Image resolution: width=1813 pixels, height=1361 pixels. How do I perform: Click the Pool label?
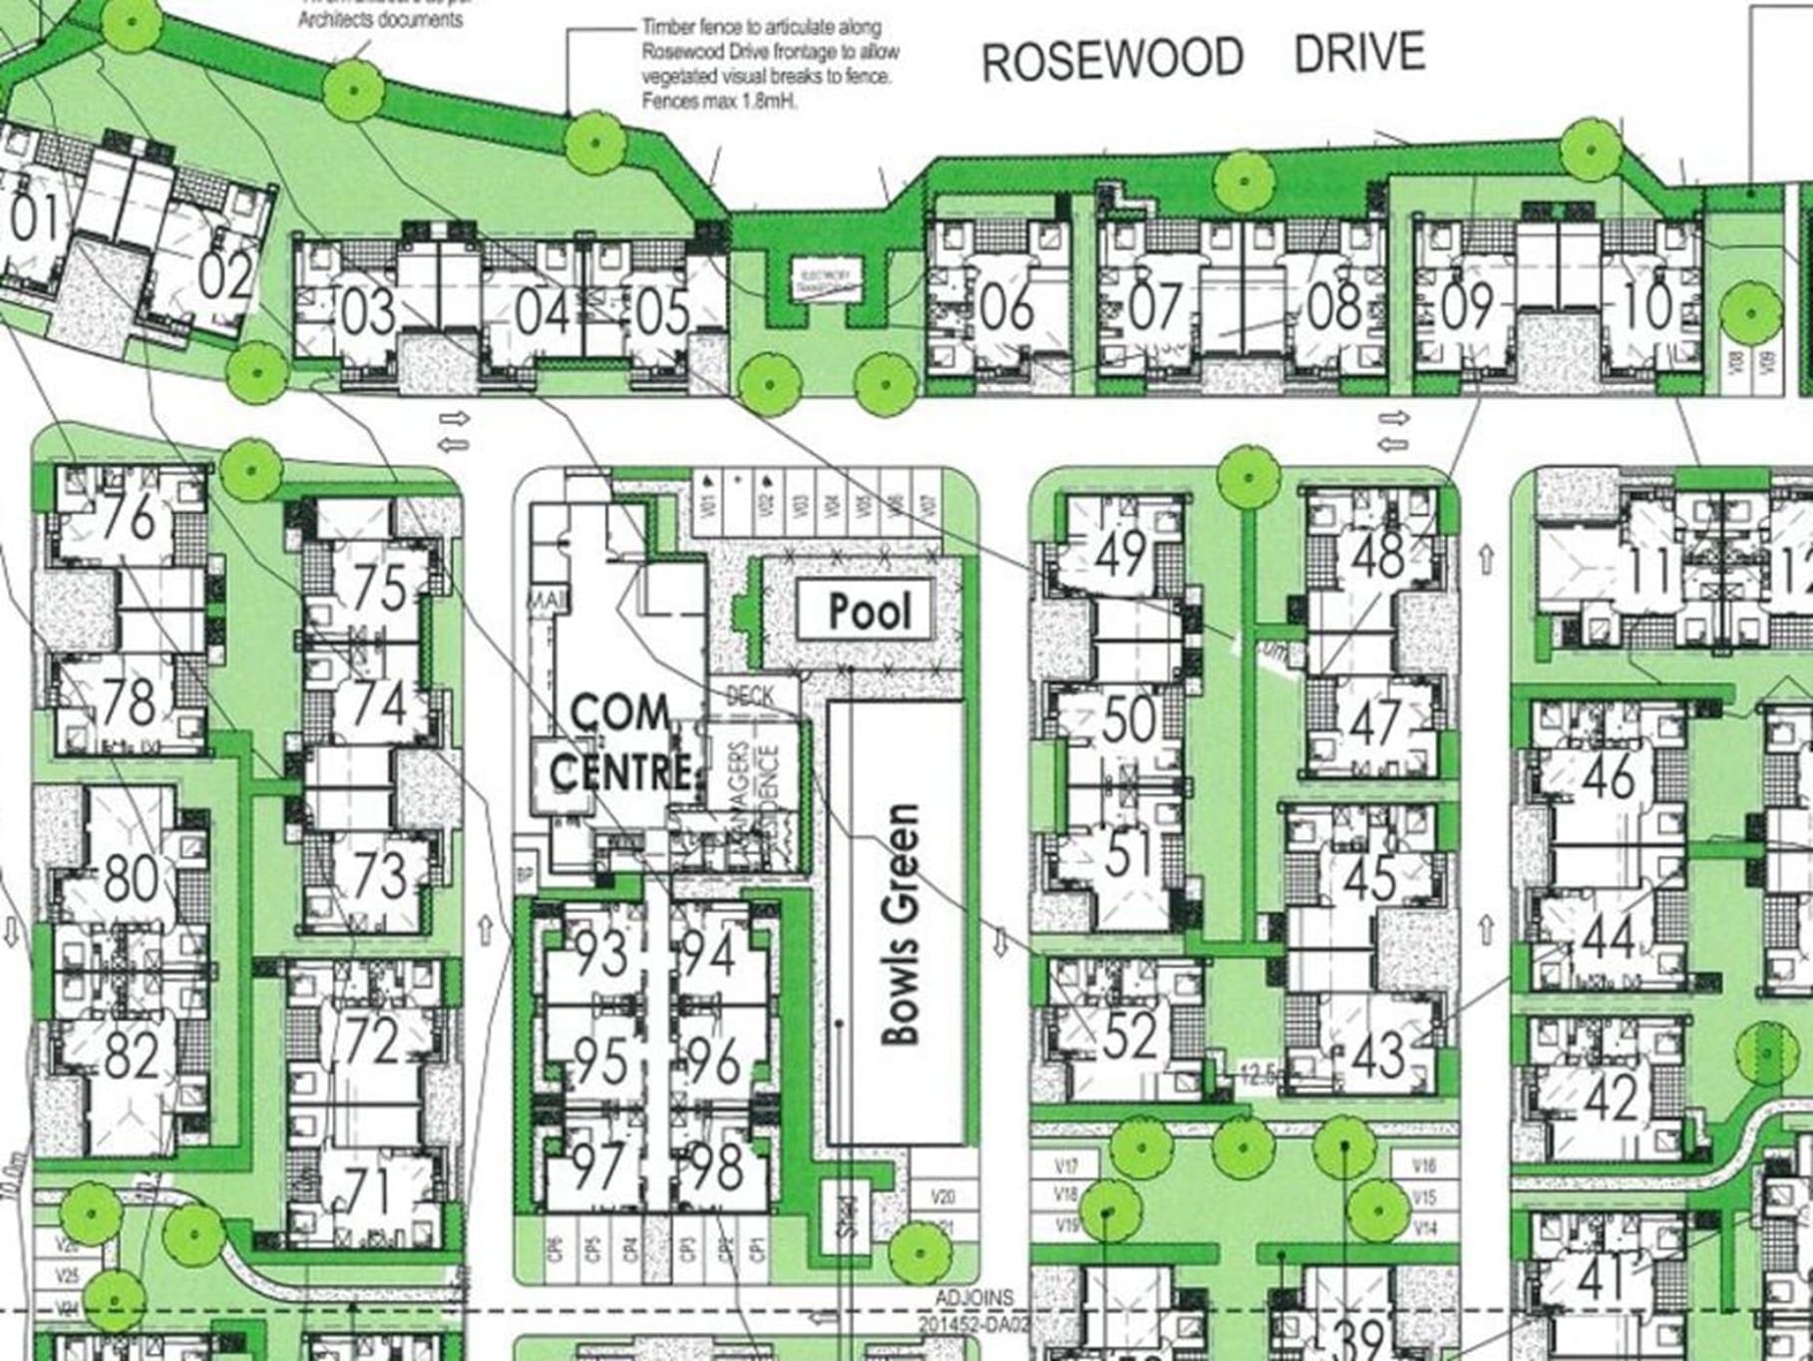870,611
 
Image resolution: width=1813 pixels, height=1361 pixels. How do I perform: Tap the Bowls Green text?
901,924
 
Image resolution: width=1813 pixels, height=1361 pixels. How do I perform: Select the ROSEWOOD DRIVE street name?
1203,57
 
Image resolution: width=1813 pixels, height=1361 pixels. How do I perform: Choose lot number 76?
131,517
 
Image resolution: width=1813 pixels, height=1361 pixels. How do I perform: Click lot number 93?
601,953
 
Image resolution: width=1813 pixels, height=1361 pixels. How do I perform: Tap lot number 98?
716,1165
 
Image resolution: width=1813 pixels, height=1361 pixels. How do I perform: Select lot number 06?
1006,307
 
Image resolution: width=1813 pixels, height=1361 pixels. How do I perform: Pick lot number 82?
131,1054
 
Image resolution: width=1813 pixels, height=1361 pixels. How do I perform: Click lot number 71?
369,1190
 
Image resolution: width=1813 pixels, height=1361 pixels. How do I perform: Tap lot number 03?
368,311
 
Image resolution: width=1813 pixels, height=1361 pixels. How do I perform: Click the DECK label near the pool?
751,694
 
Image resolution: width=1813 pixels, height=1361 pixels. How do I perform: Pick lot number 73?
379,875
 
